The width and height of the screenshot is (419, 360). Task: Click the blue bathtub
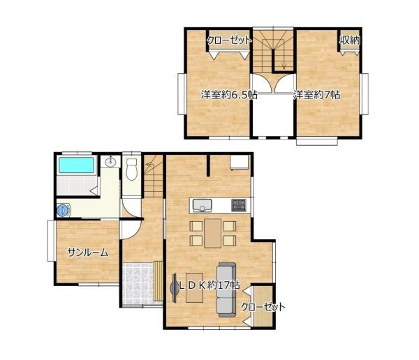[76, 165]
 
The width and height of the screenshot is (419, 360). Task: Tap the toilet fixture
[131, 169]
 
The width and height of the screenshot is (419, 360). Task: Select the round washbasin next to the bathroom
[110, 162]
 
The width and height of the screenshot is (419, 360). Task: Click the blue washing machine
[64, 210]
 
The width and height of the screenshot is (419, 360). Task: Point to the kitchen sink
[202, 205]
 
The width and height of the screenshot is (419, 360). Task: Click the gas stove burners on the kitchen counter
[239, 205]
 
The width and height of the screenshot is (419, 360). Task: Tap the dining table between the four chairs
[213, 233]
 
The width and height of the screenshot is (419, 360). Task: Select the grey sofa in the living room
[226, 290]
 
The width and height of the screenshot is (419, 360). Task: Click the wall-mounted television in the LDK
[174, 288]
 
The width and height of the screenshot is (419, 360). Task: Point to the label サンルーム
[88, 253]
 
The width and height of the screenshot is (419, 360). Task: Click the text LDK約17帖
[209, 286]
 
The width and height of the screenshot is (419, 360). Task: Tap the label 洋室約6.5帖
[229, 95]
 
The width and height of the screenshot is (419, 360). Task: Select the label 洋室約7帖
[317, 95]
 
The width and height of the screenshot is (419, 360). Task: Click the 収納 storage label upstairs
[350, 40]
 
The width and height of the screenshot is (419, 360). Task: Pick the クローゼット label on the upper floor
[230, 40]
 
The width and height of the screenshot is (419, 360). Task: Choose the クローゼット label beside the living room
[263, 307]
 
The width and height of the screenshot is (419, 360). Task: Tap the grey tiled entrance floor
[138, 284]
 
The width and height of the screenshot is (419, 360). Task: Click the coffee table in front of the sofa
[194, 288]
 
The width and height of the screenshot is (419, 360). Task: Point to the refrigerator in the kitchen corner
[240, 163]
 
